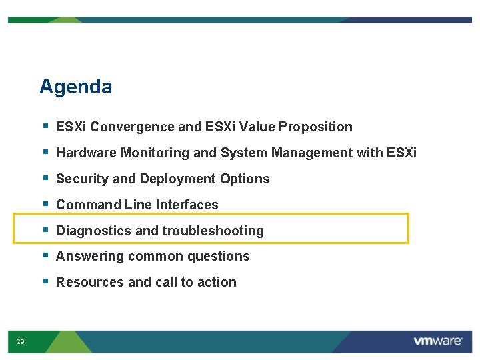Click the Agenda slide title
75,87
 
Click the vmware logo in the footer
437,341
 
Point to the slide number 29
20,342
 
